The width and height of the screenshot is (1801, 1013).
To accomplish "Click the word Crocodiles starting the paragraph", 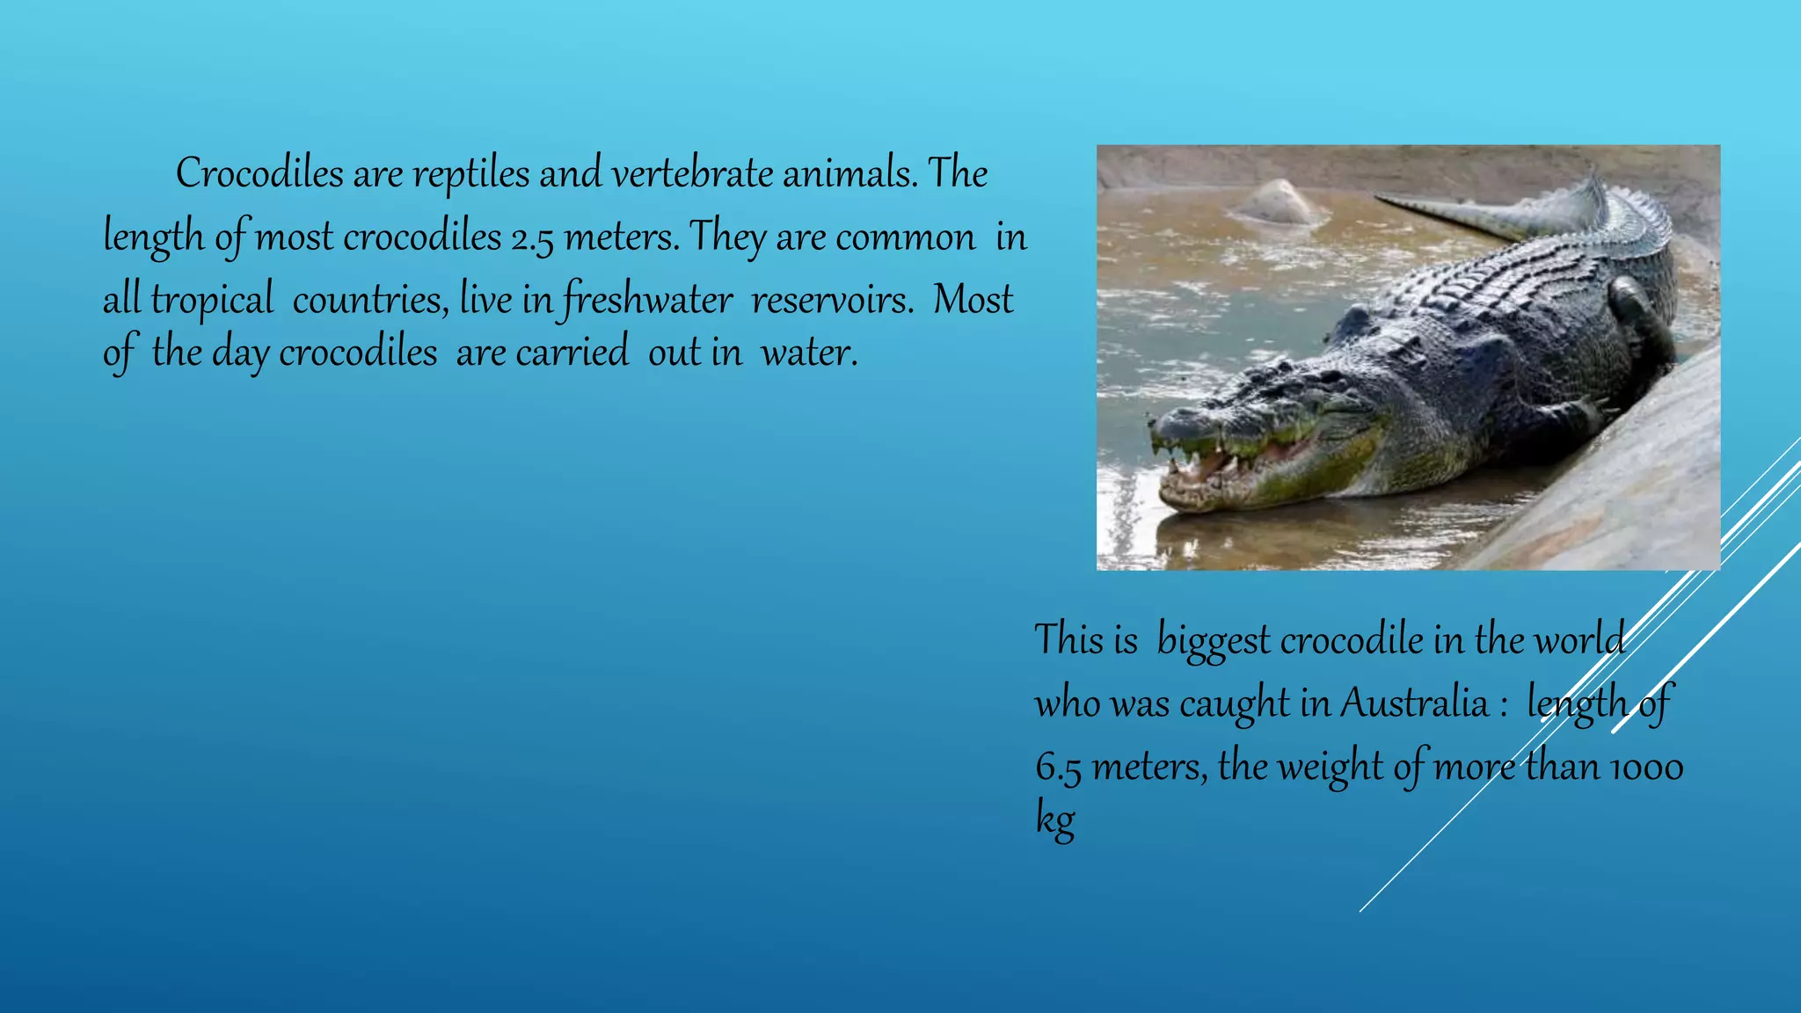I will [259, 173].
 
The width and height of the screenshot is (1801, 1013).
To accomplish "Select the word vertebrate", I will [692, 173].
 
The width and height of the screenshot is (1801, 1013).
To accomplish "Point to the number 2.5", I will [532, 238].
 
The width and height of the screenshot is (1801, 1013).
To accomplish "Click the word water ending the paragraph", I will [808, 353].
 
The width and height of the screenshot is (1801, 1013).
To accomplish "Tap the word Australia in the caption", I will [1414, 703].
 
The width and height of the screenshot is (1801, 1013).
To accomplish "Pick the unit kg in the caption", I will [1054, 820].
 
